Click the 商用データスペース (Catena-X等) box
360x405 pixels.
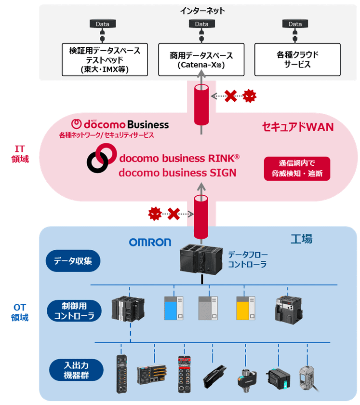point(201,60)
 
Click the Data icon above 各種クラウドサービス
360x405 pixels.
point(295,24)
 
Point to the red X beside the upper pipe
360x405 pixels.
point(231,95)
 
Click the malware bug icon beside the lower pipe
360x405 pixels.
point(155,213)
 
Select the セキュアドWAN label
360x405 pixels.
point(297,127)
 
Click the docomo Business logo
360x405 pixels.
point(120,124)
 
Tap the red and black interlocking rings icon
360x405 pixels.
point(100,160)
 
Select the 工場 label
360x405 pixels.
point(301,239)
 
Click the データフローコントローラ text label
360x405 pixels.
point(248,259)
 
